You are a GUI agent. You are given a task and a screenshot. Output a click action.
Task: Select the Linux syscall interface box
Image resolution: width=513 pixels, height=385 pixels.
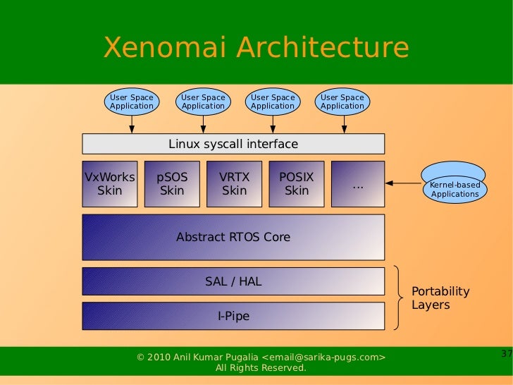click(233, 144)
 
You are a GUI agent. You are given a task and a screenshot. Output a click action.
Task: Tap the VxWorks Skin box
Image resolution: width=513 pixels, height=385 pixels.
click(109, 183)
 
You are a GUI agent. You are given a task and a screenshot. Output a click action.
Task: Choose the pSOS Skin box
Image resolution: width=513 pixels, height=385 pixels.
click(172, 183)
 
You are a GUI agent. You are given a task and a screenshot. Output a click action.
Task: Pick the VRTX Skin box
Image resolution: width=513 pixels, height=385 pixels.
click(234, 183)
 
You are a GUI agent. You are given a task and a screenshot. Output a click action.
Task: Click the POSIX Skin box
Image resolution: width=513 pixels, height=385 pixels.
click(297, 183)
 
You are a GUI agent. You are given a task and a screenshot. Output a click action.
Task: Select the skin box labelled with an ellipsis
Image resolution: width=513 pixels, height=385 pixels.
click(358, 184)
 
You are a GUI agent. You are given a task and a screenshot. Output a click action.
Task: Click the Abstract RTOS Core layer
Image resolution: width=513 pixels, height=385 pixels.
click(233, 237)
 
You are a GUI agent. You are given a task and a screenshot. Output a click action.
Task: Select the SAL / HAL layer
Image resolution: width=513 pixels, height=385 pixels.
click(233, 281)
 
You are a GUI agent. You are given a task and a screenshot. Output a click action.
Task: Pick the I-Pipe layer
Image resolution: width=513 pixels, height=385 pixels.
click(233, 317)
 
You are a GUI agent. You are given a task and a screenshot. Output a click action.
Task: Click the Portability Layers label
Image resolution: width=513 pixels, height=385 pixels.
click(440, 298)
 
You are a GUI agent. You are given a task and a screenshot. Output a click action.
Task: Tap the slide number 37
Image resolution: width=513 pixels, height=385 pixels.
click(506, 353)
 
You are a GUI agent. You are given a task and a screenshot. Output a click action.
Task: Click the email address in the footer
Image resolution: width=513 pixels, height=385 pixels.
click(324, 357)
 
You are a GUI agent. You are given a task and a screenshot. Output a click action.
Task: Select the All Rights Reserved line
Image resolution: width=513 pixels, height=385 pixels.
click(261, 368)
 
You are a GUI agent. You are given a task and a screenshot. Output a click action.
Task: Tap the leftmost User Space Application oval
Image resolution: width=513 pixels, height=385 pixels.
click(132, 102)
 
